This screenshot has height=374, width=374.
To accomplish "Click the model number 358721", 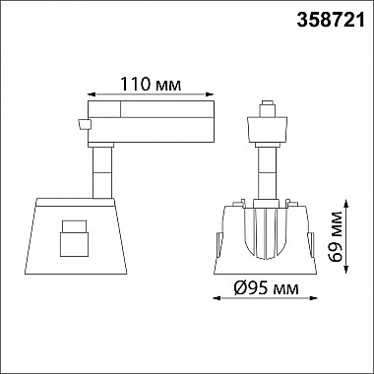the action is [331, 21].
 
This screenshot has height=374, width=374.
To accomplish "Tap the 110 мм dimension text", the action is [151, 85].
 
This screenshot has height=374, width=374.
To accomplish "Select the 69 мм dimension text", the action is [336, 236].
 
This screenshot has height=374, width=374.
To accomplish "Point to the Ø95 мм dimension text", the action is [267, 289].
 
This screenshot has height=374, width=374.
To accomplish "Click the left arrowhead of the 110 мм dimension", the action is [92, 94].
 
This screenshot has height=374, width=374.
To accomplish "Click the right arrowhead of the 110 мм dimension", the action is [210, 94].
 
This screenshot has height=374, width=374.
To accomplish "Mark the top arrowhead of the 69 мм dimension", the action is [345, 204].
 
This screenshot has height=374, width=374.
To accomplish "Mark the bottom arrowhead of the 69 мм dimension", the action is [345, 270].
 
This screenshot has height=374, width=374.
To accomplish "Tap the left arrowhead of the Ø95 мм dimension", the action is [217, 298].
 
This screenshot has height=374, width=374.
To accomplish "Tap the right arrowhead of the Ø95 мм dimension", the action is [314, 298].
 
